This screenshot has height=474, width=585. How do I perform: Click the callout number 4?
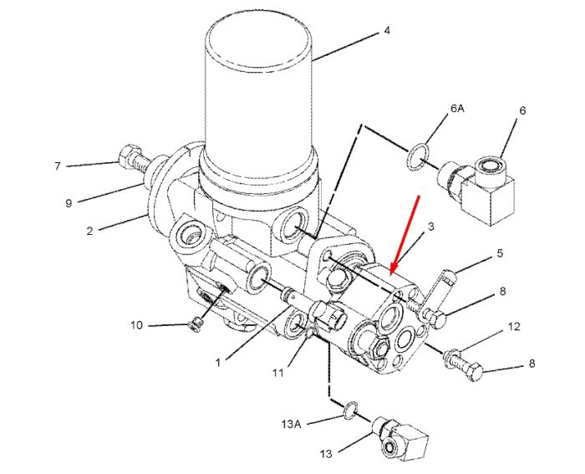[387, 31]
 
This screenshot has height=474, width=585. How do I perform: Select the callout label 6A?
[457, 109]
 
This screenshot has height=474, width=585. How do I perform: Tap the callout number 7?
[57, 166]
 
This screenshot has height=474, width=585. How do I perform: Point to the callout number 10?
[136, 325]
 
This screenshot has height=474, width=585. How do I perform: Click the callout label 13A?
[291, 425]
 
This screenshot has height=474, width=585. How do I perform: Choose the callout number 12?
[514, 327]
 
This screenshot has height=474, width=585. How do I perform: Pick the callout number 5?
[500, 253]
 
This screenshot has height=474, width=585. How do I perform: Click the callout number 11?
[278, 373]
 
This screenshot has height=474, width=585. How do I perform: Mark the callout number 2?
[89, 231]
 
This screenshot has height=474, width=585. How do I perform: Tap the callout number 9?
[69, 203]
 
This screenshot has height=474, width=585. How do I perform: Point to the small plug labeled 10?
[196, 324]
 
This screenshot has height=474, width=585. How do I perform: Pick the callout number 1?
[218, 363]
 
